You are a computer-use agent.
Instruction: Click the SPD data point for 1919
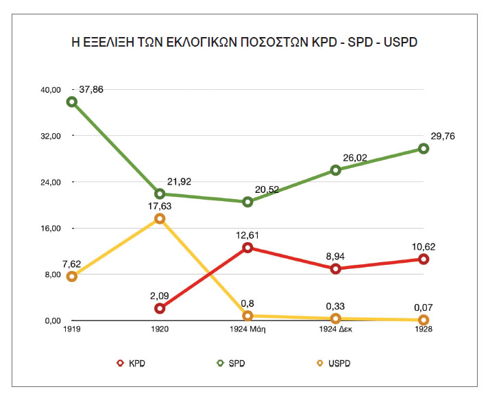71,102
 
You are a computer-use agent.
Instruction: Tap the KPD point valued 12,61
247,248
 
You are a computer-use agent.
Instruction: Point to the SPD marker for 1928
424,148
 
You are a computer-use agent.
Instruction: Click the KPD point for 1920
160,308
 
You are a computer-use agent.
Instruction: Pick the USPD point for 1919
71,277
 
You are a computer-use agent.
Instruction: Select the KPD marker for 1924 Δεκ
336,268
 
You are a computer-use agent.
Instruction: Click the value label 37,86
95,89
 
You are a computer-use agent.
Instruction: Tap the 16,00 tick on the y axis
53,229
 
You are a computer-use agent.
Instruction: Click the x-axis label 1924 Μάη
247,331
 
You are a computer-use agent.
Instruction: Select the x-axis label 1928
424,331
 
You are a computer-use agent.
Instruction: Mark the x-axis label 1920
160,331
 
